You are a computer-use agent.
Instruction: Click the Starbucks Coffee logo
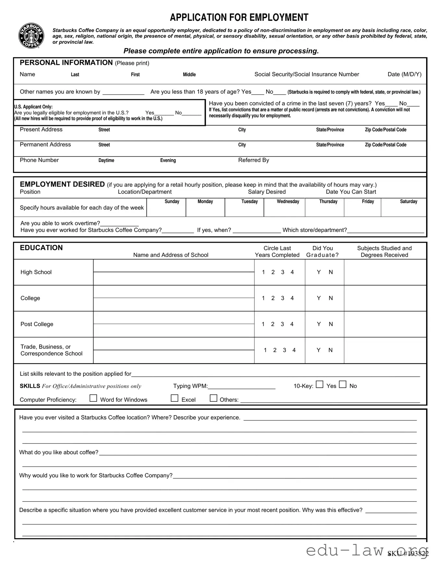(x=31, y=36)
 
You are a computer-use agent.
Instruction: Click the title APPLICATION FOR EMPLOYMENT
(x=239, y=17)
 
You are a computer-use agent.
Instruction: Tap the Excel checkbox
(x=175, y=398)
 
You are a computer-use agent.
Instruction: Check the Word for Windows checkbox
(x=93, y=398)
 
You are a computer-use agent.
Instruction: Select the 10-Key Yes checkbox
(x=320, y=384)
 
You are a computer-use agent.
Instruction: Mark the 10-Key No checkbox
(x=343, y=384)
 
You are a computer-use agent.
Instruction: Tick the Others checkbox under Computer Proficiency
(x=214, y=398)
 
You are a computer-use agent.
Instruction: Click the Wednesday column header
(x=288, y=201)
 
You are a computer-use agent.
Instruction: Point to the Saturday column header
(x=408, y=201)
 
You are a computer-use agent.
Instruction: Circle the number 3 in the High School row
(x=283, y=272)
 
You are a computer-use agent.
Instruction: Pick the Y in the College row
(x=319, y=298)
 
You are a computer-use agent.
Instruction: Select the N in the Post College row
(x=331, y=324)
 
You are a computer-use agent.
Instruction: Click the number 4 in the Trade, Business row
(x=294, y=350)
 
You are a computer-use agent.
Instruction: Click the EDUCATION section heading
(x=41, y=248)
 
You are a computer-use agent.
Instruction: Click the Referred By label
(x=253, y=160)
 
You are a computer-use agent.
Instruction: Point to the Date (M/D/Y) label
(x=404, y=74)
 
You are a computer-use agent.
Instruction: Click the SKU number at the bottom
(x=408, y=554)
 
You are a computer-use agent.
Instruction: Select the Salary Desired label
(x=267, y=192)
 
